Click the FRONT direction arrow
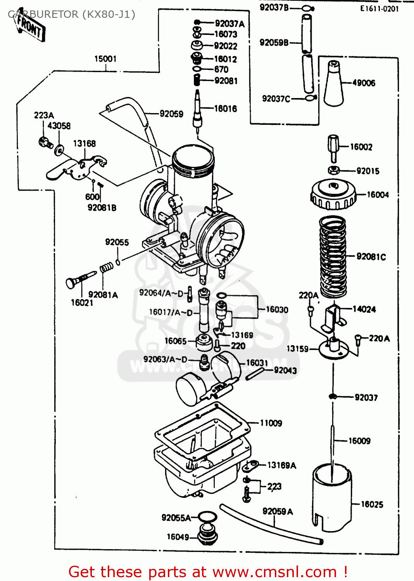30,27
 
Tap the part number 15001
105,59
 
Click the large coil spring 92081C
333,257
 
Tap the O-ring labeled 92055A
207,517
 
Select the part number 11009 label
271,423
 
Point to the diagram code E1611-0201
379,9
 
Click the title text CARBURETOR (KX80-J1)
72,15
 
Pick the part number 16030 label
277,309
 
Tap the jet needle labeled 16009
332,445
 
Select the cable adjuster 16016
198,110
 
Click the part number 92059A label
278,512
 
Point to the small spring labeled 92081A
107,267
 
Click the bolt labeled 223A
45,143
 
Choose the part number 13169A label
282,465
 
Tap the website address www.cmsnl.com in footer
274,572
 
